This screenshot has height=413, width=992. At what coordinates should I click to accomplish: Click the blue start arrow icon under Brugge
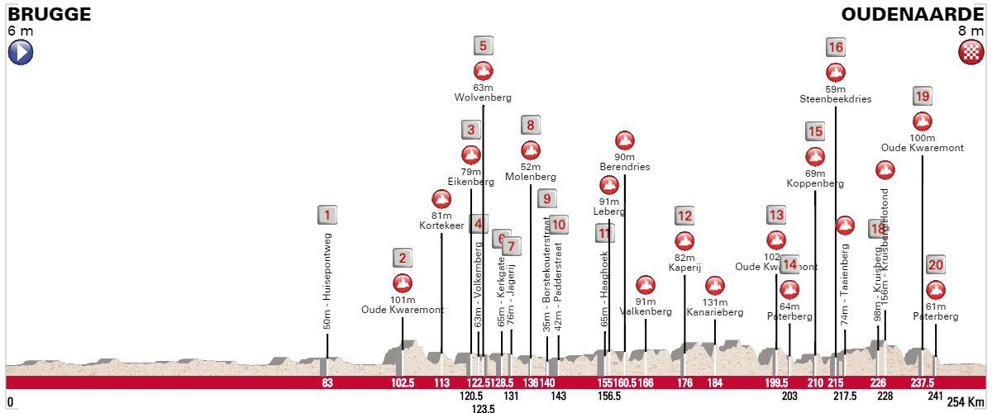click(x=20, y=53)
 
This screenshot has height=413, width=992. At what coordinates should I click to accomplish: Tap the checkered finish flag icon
click(x=970, y=53)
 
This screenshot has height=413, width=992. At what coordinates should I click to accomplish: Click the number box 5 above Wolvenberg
click(x=484, y=46)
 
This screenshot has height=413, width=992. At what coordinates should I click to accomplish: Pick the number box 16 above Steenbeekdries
click(x=835, y=47)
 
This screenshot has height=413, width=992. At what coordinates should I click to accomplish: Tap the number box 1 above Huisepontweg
click(x=327, y=216)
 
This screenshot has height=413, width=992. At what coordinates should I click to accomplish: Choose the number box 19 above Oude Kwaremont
click(x=922, y=97)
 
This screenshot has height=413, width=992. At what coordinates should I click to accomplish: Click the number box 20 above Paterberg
click(x=935, y=265)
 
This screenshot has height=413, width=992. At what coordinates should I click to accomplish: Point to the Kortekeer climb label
click(x=441, y=225)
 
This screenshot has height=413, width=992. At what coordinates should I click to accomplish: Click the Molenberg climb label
click(x=530, y=177)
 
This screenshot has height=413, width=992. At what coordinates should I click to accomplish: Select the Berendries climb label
click(x=625, y=167)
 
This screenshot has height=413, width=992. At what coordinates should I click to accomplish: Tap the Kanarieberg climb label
click(x=715, y=312)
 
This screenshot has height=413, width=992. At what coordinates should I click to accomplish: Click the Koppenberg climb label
click(x=815, y=183)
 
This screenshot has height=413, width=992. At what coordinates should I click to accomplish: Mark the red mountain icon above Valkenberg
click(x=645, y=285)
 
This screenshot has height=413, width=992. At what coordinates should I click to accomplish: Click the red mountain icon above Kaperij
click(x=684, y=241)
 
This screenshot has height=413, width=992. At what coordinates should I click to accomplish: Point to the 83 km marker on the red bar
click(x=327, y=382)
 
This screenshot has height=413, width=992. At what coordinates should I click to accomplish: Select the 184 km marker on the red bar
click(x=715, y=382)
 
